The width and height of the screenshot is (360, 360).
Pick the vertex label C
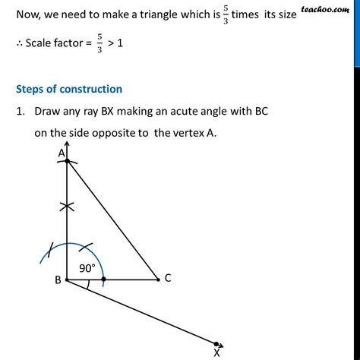click(168, 279)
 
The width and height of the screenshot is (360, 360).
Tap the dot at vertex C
click(157, 279)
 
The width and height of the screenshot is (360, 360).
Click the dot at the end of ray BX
click(217, 344)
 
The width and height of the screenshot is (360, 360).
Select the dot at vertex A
click(68, 161)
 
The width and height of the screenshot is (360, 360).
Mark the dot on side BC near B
click(104, 279)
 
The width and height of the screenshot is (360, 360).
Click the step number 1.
click(18, 112)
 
